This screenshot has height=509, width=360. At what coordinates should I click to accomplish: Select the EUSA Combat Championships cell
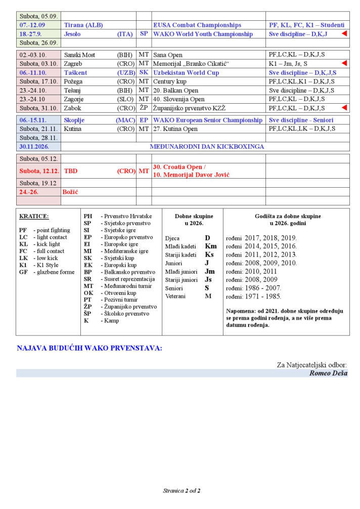point(197,25)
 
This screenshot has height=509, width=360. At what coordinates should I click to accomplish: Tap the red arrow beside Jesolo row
point(344,33)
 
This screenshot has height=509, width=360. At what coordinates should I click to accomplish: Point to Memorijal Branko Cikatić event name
point(192,63)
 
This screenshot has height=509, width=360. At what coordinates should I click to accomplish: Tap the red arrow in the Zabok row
point(344,108)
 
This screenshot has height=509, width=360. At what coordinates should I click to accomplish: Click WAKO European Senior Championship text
point(207,120)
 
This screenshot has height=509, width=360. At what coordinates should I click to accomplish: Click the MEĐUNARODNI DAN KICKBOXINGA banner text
point(207,146)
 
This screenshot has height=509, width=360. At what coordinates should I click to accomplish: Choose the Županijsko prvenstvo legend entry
point(128,307)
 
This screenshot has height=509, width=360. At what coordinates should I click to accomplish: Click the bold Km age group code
point(210,246)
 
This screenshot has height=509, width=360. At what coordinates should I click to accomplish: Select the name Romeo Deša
point(328,373)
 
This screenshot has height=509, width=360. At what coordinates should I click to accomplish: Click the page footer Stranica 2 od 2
point(182,491)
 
